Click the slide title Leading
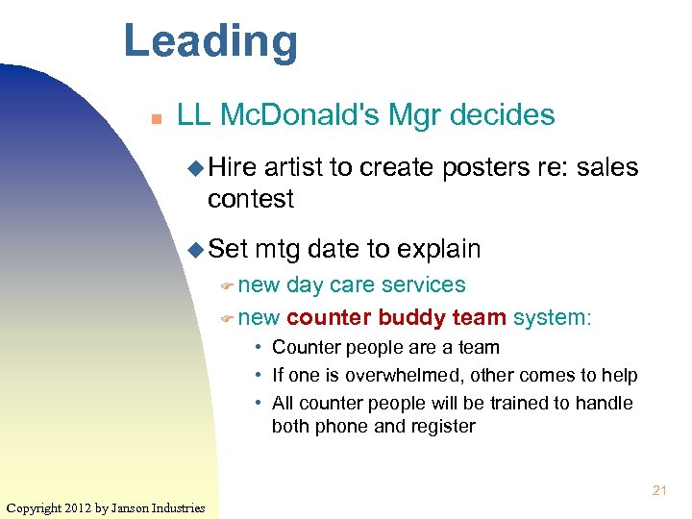(x=210, y=41)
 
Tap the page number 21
(x=659, y=490)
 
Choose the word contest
(x=250, y=199)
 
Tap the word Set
(x=228, y=249)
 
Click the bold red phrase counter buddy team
(x=396, y=317)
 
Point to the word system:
(x=553, y=317)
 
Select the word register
(x=440, y=426)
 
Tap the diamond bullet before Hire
(x=195, y=169)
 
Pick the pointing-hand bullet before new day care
(x=227, y=286)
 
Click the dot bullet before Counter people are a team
(x=259, y=348)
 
